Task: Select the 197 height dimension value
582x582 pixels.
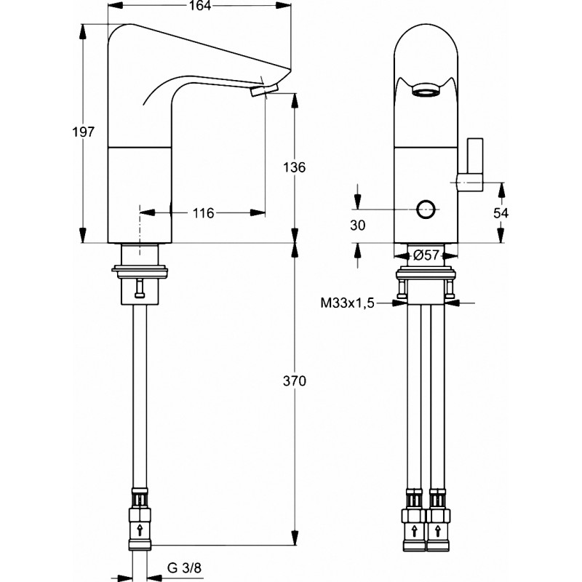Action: click(84, 132)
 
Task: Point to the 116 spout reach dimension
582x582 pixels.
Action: click(203, 212)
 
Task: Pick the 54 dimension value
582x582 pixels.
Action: click(500, 212)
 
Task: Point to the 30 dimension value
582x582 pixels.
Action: click(357, 226)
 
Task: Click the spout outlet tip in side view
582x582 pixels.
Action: click(264, 90)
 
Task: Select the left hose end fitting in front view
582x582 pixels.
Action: click(413, 521)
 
